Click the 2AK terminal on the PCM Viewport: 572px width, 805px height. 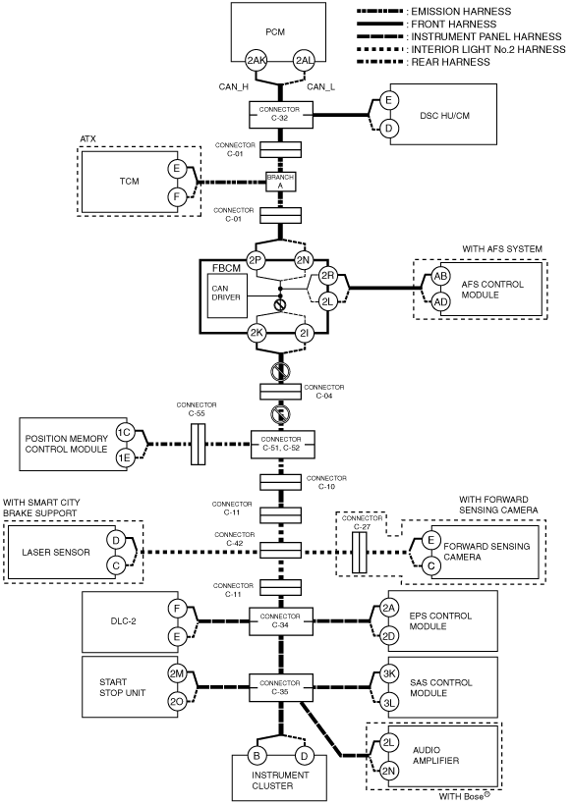click(x=256, y=61)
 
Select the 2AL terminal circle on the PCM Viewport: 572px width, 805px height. click(x=304, y=61)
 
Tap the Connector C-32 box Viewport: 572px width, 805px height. click(x=281, y=115)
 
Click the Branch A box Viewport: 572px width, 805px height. click(x=281, y=182)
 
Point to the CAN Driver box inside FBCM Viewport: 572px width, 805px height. click(x=227, y=295)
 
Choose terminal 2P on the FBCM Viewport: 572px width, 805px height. click(x=256, y=260)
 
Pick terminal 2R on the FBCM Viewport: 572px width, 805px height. click(x=327, y=276)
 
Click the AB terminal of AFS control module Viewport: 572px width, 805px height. click(x=440, y=277)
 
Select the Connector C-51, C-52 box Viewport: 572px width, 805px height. click(x=282, y=444)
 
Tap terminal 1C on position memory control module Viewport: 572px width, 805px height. click(x=124, y=433)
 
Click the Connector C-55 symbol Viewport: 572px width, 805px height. click(x=198, y=445)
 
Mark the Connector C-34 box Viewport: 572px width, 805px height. click(x=281, y=621)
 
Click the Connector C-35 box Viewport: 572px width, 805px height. click(x=281, y=688)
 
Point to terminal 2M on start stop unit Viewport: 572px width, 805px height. click(x=177, y=674)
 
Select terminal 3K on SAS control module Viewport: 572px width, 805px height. click(x=389, y=674)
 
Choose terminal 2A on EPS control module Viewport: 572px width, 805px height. click(x=389, y=609)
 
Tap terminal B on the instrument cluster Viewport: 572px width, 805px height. click(x=257, y=756)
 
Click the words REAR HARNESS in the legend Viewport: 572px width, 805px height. click(x=451, y=62)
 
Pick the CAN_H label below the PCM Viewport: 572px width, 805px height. click(x=234, y=86)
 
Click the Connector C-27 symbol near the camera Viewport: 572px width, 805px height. click(x=360, y=553)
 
